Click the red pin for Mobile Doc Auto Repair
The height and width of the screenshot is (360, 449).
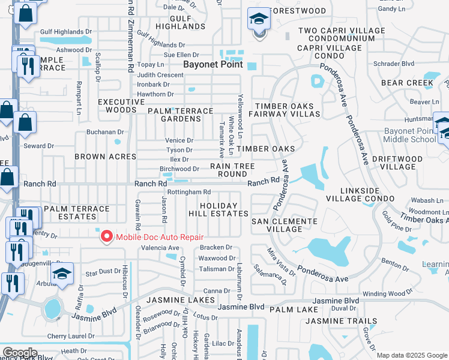click(107, 236)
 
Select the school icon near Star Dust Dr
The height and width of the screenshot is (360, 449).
click(62, 274)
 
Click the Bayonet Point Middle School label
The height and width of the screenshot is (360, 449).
click(409, 135)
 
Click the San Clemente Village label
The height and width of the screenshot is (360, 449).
click(284, 225)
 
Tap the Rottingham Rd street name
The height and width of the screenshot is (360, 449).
click(188, 192)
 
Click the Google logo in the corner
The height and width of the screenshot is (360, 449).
click(20, 353)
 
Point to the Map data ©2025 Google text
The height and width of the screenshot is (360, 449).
click(411, 355)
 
